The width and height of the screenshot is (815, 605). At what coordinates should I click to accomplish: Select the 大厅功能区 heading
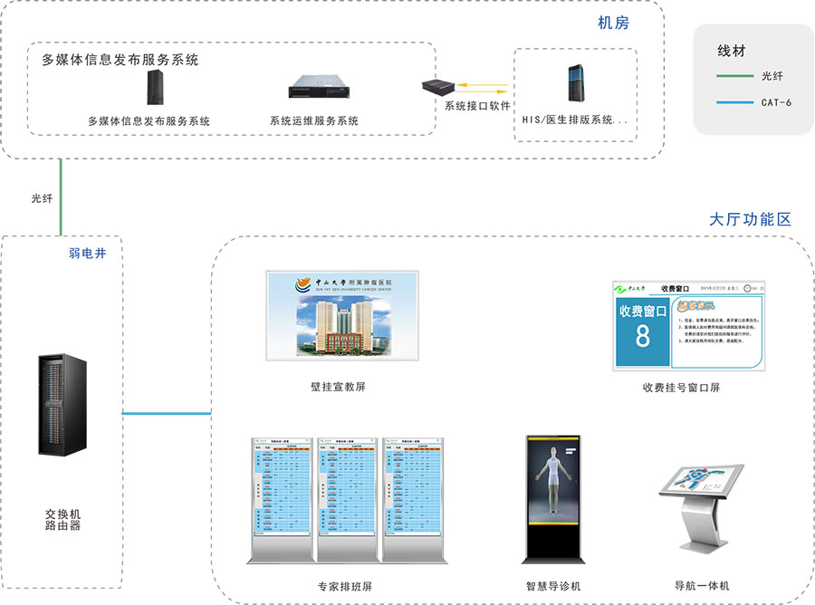751,219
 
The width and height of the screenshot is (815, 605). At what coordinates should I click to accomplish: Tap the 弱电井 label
88,254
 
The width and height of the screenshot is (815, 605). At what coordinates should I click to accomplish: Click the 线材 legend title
732,51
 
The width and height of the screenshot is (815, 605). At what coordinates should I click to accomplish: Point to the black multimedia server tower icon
154,88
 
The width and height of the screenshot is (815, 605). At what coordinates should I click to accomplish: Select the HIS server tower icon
574,84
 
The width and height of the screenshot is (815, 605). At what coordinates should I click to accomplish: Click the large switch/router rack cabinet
63,405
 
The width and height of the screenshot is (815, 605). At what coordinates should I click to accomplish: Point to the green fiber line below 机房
62,197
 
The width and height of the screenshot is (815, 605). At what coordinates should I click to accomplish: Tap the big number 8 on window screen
642,336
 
